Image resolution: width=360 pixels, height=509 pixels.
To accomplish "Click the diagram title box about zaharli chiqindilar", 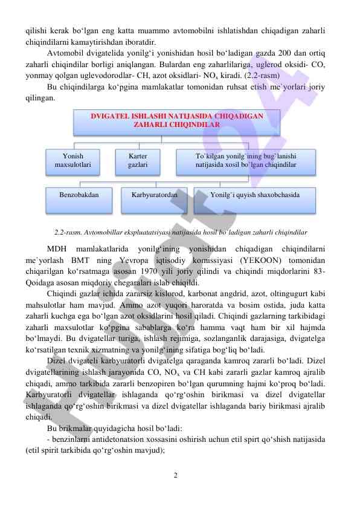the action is [169, 120].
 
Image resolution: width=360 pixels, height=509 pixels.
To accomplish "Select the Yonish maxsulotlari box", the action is [73, 160].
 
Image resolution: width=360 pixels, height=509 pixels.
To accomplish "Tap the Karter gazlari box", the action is [138, 160].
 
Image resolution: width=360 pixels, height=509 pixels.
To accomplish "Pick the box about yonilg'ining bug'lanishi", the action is [246, 160].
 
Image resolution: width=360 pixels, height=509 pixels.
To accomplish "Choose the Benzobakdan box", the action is [78, 195].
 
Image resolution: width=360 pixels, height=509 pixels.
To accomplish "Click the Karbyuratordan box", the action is [154, 195].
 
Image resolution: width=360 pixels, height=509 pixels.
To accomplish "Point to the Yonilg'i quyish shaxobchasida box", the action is [254, 195].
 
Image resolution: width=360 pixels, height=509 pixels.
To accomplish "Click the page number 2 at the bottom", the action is [175, 475].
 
